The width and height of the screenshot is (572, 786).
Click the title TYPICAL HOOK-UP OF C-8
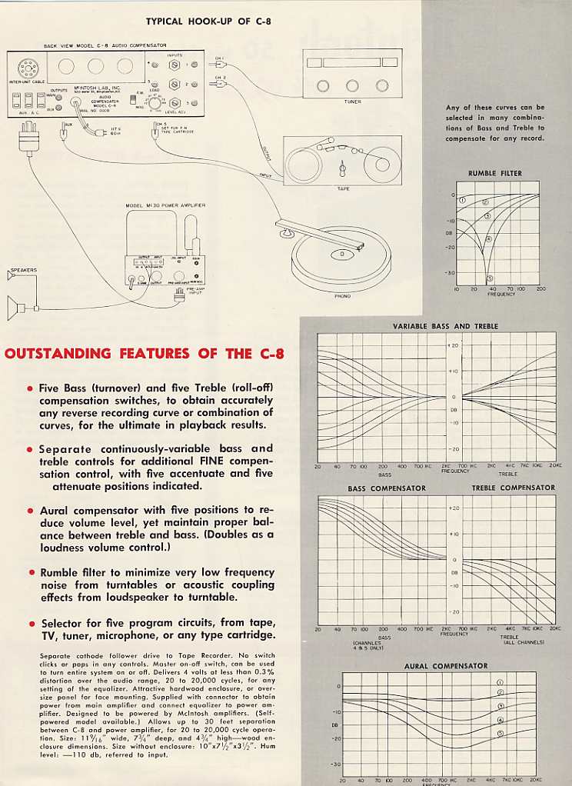tap(210, 21)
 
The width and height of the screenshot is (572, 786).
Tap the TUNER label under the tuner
tap(352, 102)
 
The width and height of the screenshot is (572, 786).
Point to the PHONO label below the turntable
tap(342, 295)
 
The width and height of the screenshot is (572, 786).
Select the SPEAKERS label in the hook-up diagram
tap(23, 271)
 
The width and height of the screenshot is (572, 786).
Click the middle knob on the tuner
tap(352, 85)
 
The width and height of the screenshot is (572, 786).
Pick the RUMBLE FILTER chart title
tap(495, 174)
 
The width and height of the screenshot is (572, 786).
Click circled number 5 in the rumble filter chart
tap(490, 278)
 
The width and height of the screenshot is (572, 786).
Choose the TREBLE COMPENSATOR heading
tap(513, 488)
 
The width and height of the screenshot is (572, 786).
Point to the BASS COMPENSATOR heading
tap(386, 488)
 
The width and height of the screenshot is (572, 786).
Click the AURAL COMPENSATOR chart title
tap(446, 665)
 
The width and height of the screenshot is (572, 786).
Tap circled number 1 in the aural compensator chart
tap(500, 682)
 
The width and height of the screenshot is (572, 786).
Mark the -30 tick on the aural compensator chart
tap(335, 764)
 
